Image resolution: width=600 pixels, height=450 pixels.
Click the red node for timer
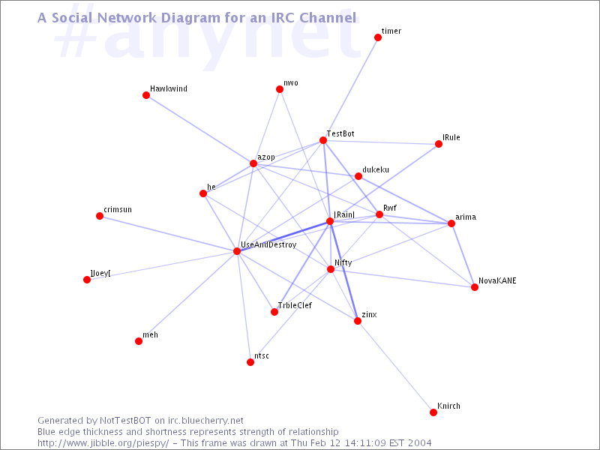click(378, 37)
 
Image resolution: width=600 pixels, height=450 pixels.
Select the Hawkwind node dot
click(146, 95)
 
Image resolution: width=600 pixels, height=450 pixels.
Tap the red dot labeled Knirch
click(433, 412)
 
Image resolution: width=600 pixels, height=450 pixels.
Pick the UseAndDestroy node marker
click(237, 251)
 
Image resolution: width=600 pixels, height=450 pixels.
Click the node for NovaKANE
click(475, 287)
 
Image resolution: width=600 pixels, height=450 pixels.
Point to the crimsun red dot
click(100, 216)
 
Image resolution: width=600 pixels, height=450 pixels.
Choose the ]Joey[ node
click(87, 280)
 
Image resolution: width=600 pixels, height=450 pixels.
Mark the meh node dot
click(139, 341)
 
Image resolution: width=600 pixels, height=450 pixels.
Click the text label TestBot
click(340, 133)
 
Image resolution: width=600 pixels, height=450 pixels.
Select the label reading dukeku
click(376, 169)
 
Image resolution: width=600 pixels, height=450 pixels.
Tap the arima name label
click(466, 217)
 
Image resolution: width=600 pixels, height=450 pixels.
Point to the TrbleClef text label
click(295, 305)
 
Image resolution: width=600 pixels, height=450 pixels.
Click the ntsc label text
click(261, 355)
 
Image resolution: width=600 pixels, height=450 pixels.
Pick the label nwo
click(291, 83)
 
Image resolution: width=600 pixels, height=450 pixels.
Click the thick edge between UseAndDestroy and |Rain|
click(283, 236)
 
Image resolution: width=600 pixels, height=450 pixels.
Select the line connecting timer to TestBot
click(350, 88)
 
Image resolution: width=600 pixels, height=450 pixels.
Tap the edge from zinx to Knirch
click(395, 367)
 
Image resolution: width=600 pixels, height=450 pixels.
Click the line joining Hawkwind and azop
click(199, 129)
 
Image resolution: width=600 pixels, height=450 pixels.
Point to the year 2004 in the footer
click(419, 443)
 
